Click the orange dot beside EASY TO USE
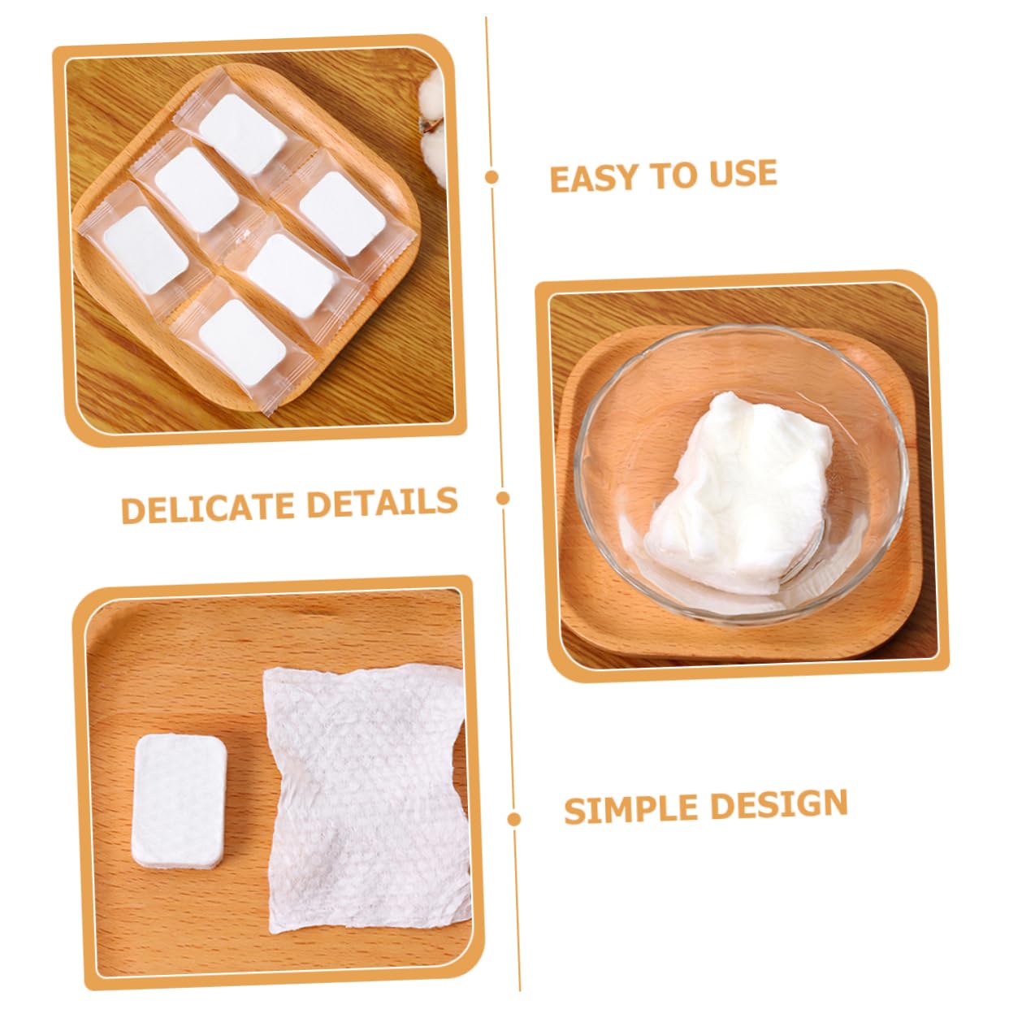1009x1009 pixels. [492, 177]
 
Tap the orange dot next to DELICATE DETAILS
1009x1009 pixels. [503, 498]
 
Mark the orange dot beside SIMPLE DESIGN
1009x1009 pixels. [513, 819]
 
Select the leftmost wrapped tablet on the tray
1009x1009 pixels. [145, 249]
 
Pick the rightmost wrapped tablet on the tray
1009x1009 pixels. [343, 214]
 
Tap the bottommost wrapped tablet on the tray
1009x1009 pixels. [242, 343]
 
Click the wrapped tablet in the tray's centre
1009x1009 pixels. [291, 276]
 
